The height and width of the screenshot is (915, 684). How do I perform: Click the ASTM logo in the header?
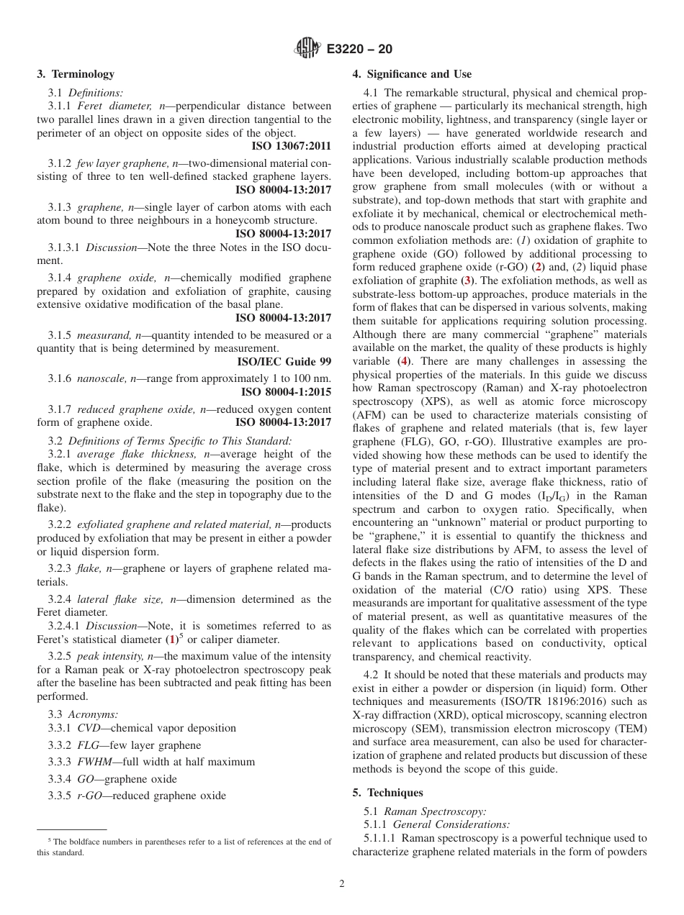(x=307, y=49)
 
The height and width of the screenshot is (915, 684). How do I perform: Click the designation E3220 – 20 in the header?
(x=359, y=50)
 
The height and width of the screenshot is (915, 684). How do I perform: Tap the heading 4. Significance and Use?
(x=412, y=74)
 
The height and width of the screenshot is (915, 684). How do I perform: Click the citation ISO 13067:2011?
(x=292, y=145)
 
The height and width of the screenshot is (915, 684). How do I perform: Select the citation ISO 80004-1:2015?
(x=286, y=391)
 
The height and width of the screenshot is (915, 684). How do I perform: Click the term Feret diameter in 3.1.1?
(x=107, y=106)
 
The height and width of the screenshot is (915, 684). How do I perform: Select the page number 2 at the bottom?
(x=342, y=884)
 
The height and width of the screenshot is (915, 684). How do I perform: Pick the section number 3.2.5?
(x=60, y=655)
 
